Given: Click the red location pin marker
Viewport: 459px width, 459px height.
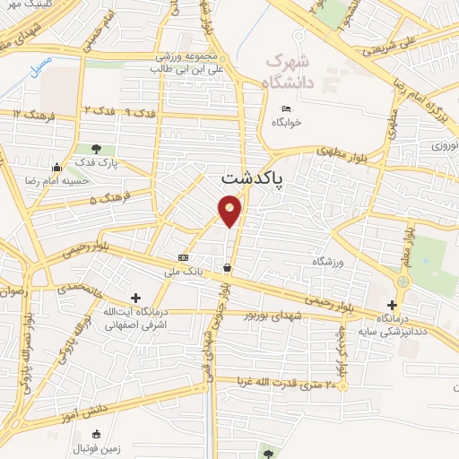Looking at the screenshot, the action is click(x=230, y=211).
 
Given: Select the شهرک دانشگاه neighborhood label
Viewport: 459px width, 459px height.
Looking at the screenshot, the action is click(x=290, y=73).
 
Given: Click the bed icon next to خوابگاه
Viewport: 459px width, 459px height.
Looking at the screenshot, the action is click(x=286, y=109).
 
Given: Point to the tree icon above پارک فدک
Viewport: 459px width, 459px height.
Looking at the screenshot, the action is click(x=95, y=149).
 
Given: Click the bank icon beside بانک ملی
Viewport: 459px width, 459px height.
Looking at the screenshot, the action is click(x=183, y=257).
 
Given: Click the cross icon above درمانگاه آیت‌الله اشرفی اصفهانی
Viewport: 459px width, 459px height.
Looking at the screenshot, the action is click(x=135, y=298).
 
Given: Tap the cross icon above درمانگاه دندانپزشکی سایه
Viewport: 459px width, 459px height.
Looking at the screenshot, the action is click(x=392, y=305).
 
